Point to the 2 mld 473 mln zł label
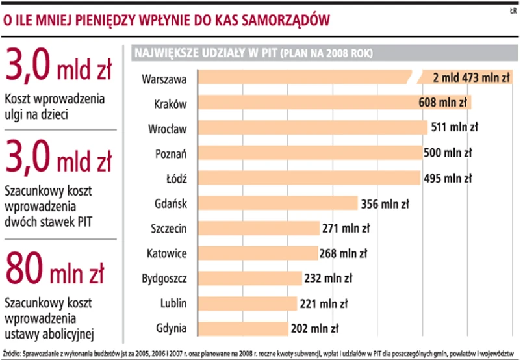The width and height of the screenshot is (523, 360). [x=471, y=78]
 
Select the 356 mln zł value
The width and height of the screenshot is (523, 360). [x=385, y=203]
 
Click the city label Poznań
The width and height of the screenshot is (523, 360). [x=172, y=153]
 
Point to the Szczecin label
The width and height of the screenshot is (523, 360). [x=168, y=228]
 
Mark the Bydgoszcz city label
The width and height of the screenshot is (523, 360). [x=164, y=279]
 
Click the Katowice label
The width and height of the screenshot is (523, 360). [x=167, y=253]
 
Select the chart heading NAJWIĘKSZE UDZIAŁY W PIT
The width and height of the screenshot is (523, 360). [x=205, y=53]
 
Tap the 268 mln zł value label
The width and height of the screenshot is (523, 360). [x=344, y=253]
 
